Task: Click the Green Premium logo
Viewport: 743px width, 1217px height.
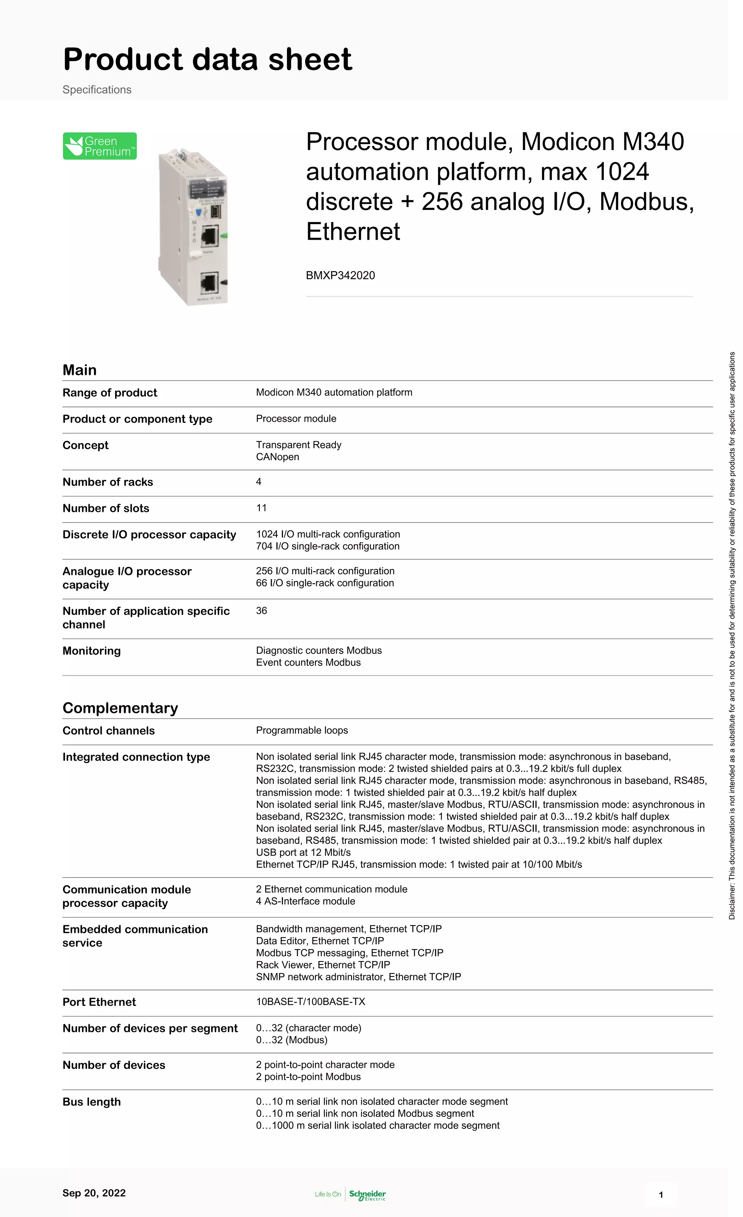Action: pyautogui.click(x=100, y=146)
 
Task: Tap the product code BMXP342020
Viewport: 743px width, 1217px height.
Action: pyautogui.click(x=340, y=276)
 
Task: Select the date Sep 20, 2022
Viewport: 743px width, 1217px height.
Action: pyautogui.click(x=94, y=1193)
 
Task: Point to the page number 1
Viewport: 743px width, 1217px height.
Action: pyautogui.click(x=661, y=1195)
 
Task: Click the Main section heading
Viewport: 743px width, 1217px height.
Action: pyautogui.click(x=79, y=370)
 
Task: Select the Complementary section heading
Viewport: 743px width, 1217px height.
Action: pyautogui.click(x=120, y=708)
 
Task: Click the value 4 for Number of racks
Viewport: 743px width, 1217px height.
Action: pyautogui.click(x=258, y=482)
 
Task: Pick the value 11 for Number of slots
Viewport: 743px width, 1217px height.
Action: pyautogui.click(x=261, y=508)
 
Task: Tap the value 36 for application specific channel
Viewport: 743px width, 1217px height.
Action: pyautogui.click(x=261, y=610)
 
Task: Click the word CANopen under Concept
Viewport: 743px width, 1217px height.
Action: pyautogui.click(x=277, y=457)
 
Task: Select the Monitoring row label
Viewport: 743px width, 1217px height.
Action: pyautogui.click(x=91, y=651)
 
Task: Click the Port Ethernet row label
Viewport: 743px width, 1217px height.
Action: pyautogui.click(x=99, y=1002)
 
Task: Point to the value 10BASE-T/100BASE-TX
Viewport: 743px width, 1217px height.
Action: pyautogui.click(x=310, y=1001)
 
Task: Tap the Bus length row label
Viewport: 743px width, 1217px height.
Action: pyautogui.click(x=91, y=1101)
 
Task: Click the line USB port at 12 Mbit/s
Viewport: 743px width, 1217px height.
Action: pyautogui.click(x=303, y=852)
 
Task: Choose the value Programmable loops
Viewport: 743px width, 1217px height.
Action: pyautogui.click(x=302, y=730)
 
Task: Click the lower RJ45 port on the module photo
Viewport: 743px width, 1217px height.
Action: pyautogui.click(x=209, y=283)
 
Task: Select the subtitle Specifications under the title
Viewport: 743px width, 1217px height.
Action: pyautogui.click(x=97, y=90)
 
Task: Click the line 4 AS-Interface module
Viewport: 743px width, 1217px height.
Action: pyautogui.click(x=305, y=901)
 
